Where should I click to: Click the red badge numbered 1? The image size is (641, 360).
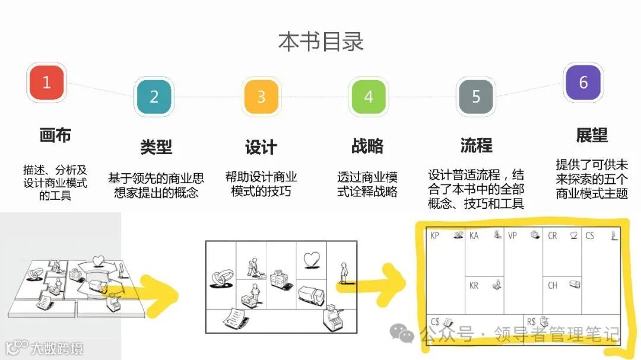[x=47, y=82]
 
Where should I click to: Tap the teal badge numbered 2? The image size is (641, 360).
[x=154, y=97]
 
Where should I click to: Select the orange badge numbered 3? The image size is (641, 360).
[x=261, y=97]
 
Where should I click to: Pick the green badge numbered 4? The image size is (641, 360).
[x=369, y=97]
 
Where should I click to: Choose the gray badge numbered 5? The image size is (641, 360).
[x=476, y=97]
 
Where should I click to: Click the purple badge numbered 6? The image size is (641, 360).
[x=583, y=82]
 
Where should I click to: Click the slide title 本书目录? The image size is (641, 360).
[x=321, y=42]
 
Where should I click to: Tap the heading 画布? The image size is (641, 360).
[x=55, y=135]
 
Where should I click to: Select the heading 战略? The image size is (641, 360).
[x=367, y=146]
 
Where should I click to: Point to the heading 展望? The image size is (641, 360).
[x=592, y=135]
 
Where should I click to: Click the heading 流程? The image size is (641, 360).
[x=476, y=145]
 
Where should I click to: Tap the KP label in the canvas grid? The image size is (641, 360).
[x=434, y=236]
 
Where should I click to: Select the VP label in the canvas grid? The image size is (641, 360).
[x=512, y=236]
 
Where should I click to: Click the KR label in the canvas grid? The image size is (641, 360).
[x=474, y=286]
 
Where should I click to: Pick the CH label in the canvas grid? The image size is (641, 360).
[x=553, y=286]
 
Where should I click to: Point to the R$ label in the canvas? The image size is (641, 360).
[x=531, y=322]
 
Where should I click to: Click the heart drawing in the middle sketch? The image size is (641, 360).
[x=312, y=260]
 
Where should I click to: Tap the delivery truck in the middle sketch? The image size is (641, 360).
[x=311, y=296]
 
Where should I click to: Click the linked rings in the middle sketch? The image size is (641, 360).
[x=222, y=278]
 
